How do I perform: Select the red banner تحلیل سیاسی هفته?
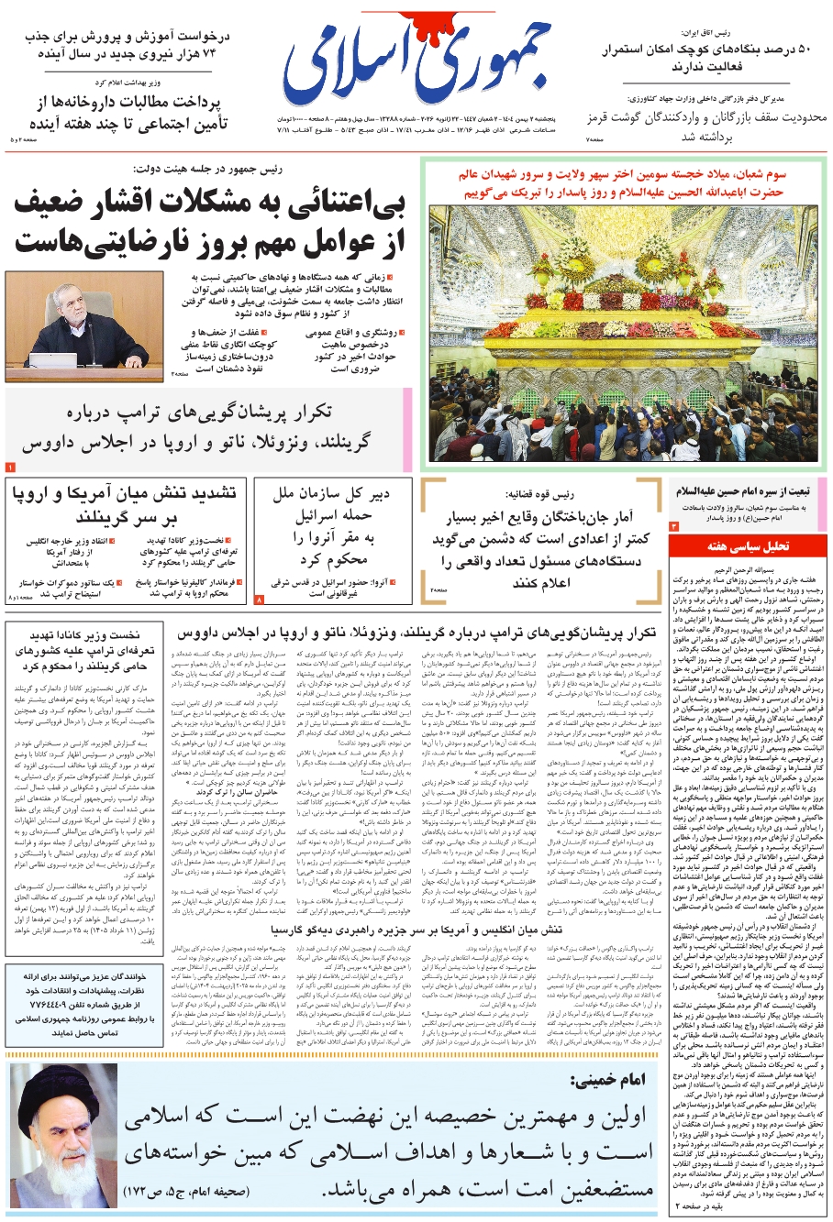[747, 546]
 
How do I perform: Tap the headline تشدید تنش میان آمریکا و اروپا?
[123, 505]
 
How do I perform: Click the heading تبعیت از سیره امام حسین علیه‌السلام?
[749, 491]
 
